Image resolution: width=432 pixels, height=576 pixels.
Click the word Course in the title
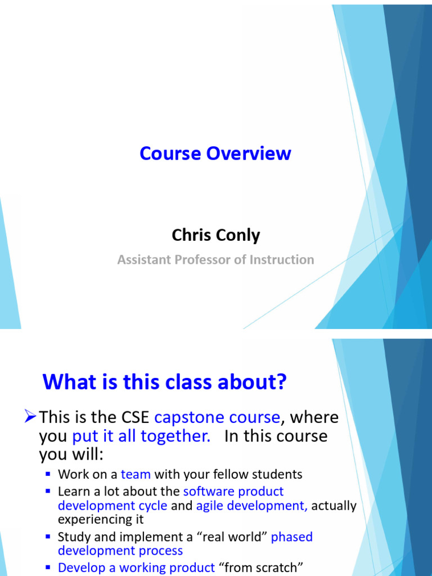tap(170, 154)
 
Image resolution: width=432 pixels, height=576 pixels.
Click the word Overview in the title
tap(249, 154)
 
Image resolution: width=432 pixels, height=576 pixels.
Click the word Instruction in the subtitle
tap(282, 260)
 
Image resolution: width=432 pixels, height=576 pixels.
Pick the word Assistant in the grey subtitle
tap(144, 260)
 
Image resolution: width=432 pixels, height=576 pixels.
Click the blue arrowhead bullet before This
tap(30, 417)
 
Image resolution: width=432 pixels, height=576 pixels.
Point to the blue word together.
tap(176, 437)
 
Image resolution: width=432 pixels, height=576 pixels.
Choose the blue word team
tap(136, 474)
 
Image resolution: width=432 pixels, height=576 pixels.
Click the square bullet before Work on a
tap(48, 474)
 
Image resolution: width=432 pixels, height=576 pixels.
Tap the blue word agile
tap(210, 506)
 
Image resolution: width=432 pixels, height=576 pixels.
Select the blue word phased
tap(292, 537)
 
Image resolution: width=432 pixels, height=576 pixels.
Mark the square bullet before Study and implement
tap(48, 537)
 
